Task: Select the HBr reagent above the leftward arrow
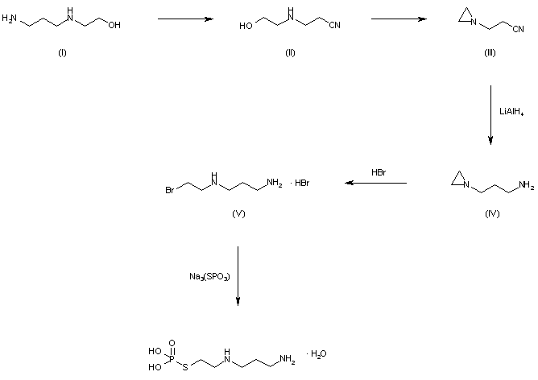pos(379,172)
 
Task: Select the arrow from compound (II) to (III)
pos(398,16)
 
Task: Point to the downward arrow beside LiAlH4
pos(490,116)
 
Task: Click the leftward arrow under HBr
pos(375,184)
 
